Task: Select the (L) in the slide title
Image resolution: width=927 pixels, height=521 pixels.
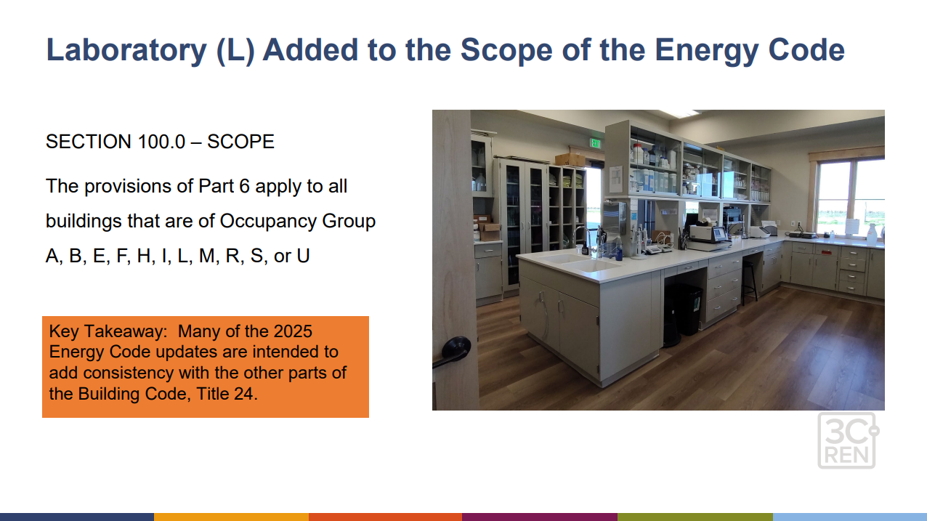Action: (235, 50)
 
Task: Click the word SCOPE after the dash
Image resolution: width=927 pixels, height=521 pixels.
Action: (240, 142)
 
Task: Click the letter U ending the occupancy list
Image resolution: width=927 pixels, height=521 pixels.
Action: (303, 257)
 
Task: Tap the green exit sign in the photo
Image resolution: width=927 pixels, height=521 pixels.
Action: (596, 143)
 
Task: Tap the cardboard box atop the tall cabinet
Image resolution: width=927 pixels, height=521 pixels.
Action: (570, 159)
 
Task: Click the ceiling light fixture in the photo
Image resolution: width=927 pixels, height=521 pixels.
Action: (678, 114)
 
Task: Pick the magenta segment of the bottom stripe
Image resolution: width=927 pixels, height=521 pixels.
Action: (539, 517)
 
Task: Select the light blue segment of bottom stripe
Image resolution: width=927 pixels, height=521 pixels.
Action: (849, 517)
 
